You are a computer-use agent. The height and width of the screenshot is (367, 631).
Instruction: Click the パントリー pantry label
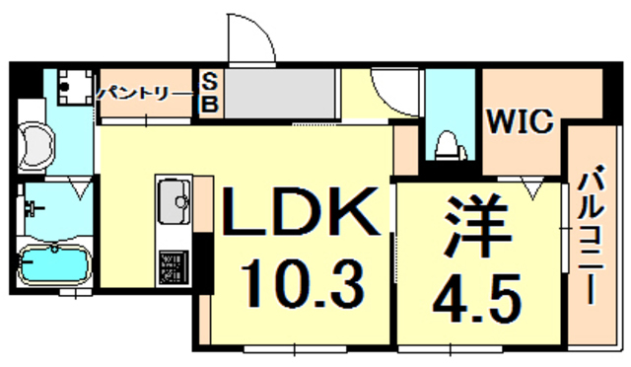click(146, 94)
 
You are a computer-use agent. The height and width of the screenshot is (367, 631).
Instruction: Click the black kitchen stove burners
click(171, 264)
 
